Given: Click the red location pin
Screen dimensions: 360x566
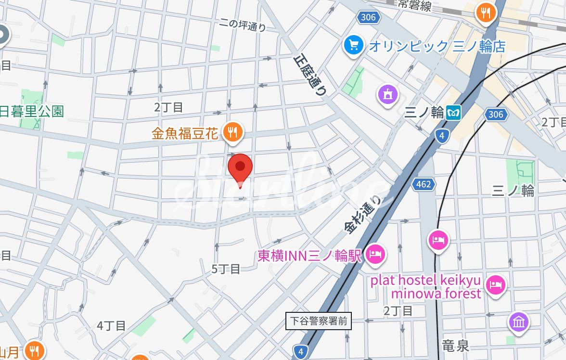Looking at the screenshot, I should click(x=240, y=168).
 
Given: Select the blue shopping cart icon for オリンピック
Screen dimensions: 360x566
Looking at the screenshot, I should click(x=354, y=45).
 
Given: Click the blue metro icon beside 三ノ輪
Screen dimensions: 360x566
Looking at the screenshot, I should click(x=453, y=113).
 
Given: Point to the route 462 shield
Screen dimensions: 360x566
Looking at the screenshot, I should click(x=424, y=184).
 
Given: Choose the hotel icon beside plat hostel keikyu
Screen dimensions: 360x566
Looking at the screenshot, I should click(x=495, y=285).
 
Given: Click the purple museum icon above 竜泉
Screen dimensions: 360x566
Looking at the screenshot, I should click(x=518, y=322).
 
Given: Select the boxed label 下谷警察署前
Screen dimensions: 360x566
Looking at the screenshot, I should click(x=319, y=321).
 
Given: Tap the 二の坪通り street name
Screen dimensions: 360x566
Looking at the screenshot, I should click(x=242, y=25).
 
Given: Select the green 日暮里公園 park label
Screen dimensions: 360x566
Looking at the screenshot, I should click(x=32, y=112).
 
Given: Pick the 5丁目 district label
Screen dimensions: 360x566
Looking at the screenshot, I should click(x=226, y=269).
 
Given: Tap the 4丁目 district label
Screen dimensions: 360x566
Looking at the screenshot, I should click(x=111, y=326).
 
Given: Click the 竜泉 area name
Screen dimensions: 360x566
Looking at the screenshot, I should click(x=455, y=345).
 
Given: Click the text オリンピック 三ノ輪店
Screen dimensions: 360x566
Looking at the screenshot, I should click(x=437, y=46).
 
